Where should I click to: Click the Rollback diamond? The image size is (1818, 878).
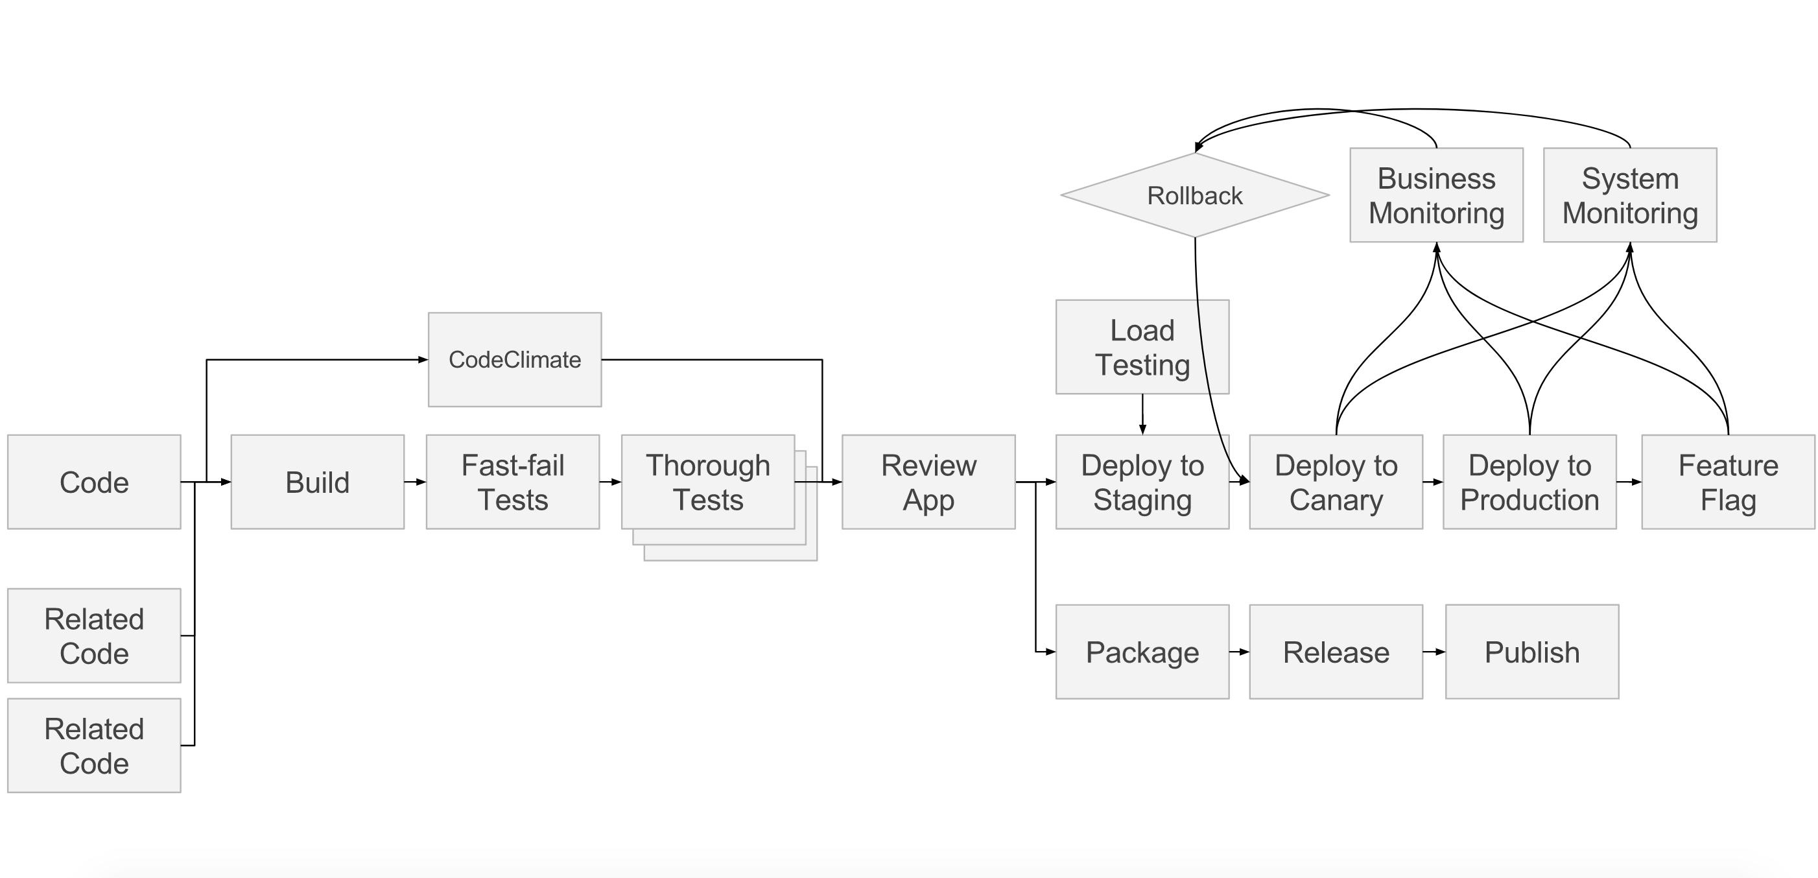click(1194, 195)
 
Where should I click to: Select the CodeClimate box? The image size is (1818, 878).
click(515, 359)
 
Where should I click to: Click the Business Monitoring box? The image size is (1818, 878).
click(1436, 195)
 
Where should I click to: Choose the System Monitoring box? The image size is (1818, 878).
click(1629, 195)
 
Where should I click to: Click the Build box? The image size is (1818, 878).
click(318, 482)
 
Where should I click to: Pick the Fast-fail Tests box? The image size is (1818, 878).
click(512, 482)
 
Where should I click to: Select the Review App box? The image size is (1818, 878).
click(928, 482)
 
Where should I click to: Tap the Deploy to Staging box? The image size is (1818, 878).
click(1142, 482)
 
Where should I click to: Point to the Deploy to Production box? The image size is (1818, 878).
click(1529, 482)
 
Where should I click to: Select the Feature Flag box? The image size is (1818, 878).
click(1728, 482)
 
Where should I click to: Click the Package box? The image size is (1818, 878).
click(1142, 652)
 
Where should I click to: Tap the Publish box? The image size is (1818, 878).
click(1531, 652)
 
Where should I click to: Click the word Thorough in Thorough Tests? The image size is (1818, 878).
click(708, 466)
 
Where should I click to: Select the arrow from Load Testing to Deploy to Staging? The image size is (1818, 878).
click(1142, 414)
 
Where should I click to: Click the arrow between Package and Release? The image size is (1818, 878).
click(1239, 652)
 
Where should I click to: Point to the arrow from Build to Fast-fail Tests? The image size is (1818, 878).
click(415, 482)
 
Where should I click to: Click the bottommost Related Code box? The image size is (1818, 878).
click(94, 745)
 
